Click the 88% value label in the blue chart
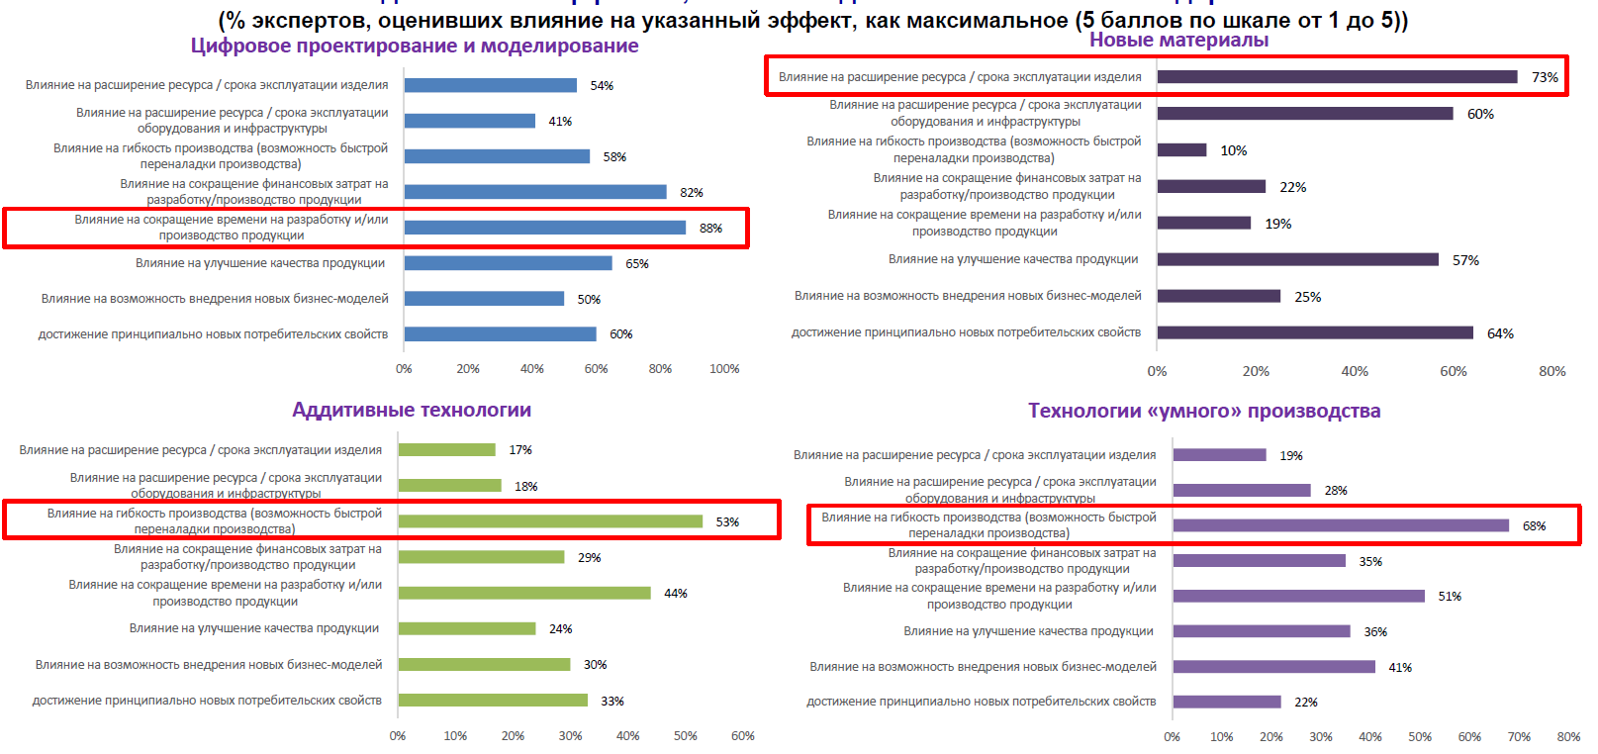(710, 229)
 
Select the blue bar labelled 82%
(534, 192)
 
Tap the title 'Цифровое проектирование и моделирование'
(414, 46)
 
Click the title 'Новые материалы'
(1178, 41)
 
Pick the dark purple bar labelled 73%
(1337, 77)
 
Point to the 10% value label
(1233, 150)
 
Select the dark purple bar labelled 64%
(1315, 332)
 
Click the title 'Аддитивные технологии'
(412, 410)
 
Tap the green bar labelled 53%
(550, 521)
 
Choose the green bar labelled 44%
(524, 593)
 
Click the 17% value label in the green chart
(520, 450)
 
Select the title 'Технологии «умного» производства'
(1203, 411)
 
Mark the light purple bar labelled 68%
(1341, 525)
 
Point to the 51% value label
(1450, 597)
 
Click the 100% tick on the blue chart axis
(724, 369)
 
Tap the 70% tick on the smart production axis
(1519, 737)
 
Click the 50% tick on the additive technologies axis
(686, 736)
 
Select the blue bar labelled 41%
(469, 121)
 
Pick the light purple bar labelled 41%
(1273, 667)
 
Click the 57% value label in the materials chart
(1465, 260)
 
